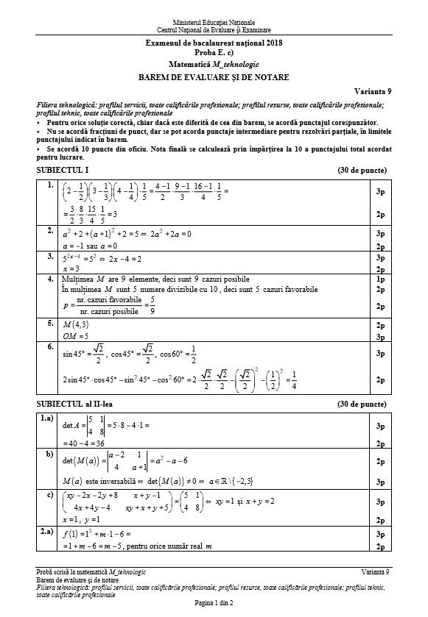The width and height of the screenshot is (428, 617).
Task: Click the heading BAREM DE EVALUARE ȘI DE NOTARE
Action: [x=214, y=77]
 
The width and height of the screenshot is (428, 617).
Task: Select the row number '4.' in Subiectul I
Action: [x=49, y=279]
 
